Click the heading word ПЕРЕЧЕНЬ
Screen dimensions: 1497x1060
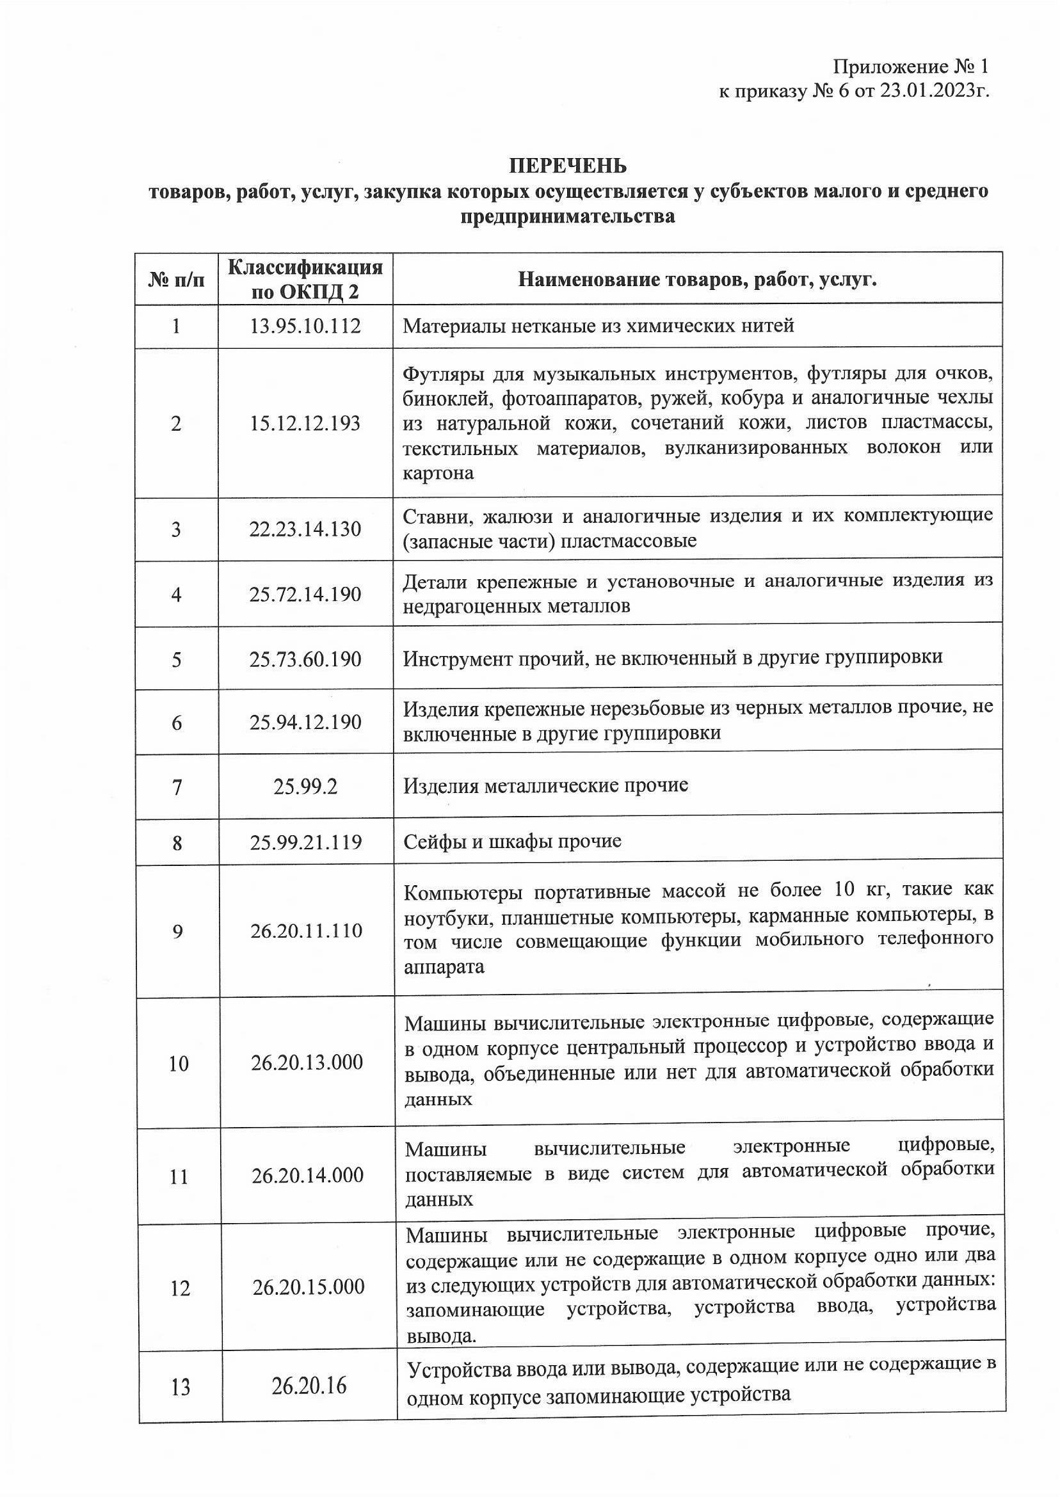tap(567, 166)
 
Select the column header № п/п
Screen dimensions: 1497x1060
tap(176, 280)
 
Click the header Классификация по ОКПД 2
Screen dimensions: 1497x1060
tap(305, 278)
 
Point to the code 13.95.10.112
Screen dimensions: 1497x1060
tap(305, 326)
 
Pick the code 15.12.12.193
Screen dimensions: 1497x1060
tap(305, 424)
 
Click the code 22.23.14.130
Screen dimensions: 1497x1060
tap(305, 529)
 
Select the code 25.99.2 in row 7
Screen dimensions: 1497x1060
tap(305, 787)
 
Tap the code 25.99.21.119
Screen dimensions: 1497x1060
tap(305, 842)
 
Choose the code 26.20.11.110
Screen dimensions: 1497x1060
tap(306, 931)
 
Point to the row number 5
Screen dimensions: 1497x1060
tap(176, 660)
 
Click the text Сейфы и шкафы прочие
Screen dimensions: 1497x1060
tap(511, 841)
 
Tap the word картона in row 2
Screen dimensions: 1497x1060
tap(438, 473)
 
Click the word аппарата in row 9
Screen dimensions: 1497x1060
tap(444, 966)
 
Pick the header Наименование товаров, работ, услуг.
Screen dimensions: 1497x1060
tap(696, 280)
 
